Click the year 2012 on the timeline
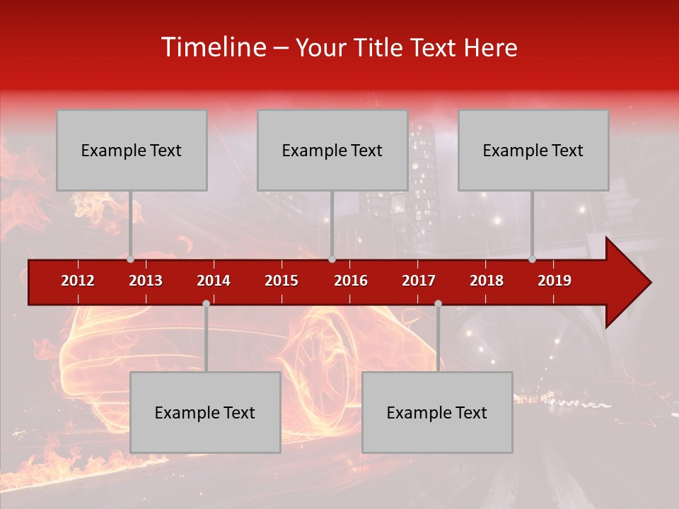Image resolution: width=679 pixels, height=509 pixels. coord(78,281)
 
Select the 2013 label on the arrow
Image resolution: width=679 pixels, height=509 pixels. coord(146,281)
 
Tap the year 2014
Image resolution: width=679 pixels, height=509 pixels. coord(214,281)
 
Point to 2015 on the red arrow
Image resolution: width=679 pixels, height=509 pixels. coord(282,281)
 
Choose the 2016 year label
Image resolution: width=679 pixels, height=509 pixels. coord(351,281)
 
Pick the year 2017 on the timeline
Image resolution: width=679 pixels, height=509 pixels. coord(419,281)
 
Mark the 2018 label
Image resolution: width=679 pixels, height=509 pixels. coord(487,281)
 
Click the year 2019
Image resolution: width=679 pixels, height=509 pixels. coord(555,281)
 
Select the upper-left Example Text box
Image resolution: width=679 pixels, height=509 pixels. coord(132,150)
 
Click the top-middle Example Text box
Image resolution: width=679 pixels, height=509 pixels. coord(332,150)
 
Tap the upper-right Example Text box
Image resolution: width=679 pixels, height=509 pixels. coord(533,150)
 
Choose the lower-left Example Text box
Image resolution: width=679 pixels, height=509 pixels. coord(205,412)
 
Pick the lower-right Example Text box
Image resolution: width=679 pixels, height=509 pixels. coord(437,412)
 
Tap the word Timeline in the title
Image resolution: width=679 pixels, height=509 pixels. coord(212,47)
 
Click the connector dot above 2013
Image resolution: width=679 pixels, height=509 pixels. coord(130,259)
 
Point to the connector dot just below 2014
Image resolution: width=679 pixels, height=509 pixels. coord(206,304)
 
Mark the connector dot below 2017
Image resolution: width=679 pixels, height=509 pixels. coord(438,304)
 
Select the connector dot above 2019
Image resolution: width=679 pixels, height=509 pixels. coord(532,259)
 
